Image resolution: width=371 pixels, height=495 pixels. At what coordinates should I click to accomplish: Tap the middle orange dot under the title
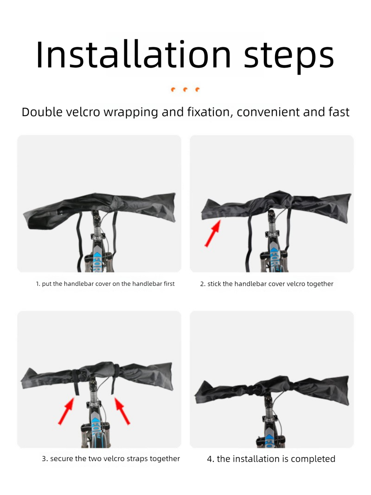(x=185, y=89)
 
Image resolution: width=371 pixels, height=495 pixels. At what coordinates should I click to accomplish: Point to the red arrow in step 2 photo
(x=212, y=234)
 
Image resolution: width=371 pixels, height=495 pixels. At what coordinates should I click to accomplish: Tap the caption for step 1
(x=105, y=283)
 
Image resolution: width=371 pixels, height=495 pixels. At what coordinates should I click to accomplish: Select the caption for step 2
(x=267, y=283)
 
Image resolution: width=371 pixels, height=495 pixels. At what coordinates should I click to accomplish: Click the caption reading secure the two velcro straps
(x=111, y=458)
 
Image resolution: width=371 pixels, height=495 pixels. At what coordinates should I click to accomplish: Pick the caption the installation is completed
(x=271, y=459)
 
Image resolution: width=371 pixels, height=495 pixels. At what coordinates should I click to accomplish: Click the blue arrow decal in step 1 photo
(x=97, y=258)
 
